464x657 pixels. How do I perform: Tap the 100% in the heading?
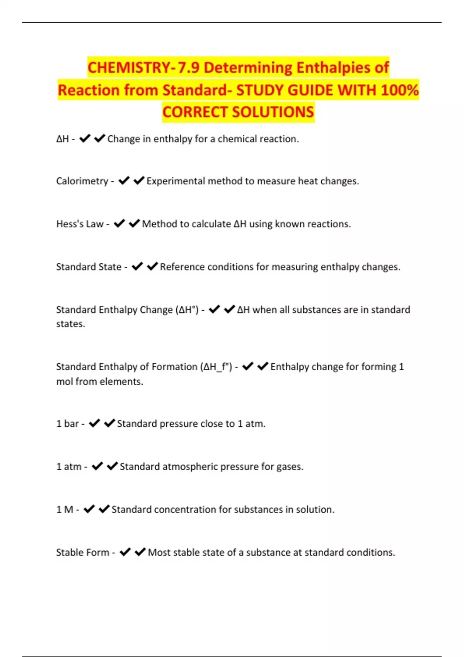pyautogui.click(x=400, y=90)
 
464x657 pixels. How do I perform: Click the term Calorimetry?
pyautogui.click(x=82, y=181)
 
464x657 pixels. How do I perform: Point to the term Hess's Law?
pyautogui.click(x=80, y=224)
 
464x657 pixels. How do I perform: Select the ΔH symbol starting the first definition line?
pyautogui.click(x=62, y=139)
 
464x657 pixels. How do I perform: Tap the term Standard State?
pyautogui.click(x=89, y=267)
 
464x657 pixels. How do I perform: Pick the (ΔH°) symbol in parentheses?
pyautogui.click(x=187, y=310)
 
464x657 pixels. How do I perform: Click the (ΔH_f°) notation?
pyautogui.click(x=216, y=367)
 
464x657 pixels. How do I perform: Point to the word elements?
pyautogui.click(x=123, y=382)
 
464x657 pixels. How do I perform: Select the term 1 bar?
pyautogui.click(x=68, y=424)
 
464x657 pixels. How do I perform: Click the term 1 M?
pyautogui.click(x=65, y=510)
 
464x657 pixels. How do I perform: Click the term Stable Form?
pyautogui.click(x=83, y=553)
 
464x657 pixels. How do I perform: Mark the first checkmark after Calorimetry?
pyautogui.click(x=124, y=181)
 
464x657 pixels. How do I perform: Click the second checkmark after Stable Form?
pyautogui.click(x=140, y=552)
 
